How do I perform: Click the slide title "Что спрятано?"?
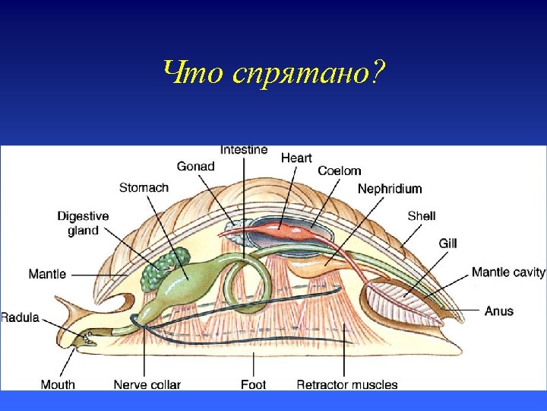tap(273, 73)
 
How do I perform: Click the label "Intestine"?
tap(244, 149)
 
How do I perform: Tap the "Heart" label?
tap(296, 158)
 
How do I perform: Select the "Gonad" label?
tap(195, 166)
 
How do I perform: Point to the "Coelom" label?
tap(339, 171)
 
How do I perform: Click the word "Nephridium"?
tap(390, 188)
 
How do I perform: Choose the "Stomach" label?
tap(144, 187)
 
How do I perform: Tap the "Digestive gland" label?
tap(83, 223)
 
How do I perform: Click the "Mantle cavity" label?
tap(508, 272)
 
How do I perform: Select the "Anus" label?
tap(499, 311)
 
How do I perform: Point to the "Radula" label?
tap(20, 317)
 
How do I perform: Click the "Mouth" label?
tap(58, 384)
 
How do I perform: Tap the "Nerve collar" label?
tap(147, 384)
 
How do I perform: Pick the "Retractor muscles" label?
tap(346, 384)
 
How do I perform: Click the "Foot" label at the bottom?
tap(253, 384)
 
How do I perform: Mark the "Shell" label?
tap(421, 215)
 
